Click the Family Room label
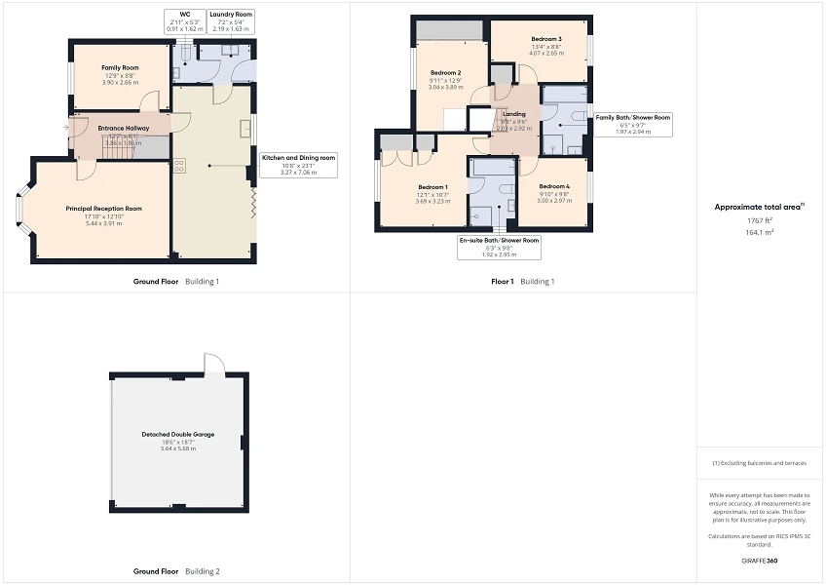[121, 68]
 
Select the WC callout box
[185, 21]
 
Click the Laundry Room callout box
[231, 21]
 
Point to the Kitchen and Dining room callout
[298, 164]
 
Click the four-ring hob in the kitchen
[179, 166]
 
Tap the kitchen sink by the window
[245, 132]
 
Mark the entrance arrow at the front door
[68, 127]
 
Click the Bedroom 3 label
[544, 38]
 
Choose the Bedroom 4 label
[554, 186]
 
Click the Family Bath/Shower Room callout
[633, 124]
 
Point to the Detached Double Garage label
[177, 434]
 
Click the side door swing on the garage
[213, 365]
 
